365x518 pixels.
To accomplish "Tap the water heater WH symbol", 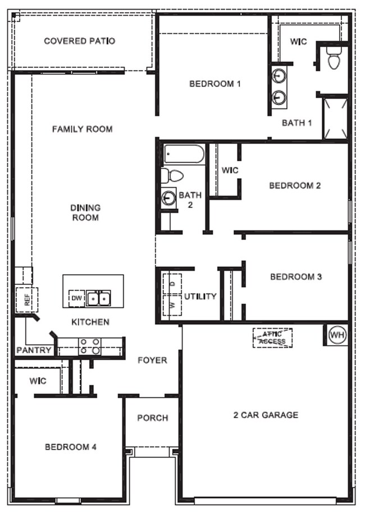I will (x=336, y=335).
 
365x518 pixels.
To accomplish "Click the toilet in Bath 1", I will (x=334, y=58).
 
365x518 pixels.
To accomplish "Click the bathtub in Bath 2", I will (x=184, y=154).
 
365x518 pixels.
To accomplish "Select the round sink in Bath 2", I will (x=168, y=197).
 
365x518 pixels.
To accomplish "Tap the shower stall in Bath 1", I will (x=335, y=118).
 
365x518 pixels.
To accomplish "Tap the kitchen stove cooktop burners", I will (x=89, y=346).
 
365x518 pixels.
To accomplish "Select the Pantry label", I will (x=34, y=350).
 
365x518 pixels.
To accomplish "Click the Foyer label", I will (x=152, y=360).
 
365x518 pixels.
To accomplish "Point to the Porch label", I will (x=152, y=417).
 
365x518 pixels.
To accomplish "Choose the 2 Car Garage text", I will (x=266, y=415).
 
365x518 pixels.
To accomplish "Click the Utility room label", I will (x=200, y=296).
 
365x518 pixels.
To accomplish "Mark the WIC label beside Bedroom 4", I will (x=38, y=381).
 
